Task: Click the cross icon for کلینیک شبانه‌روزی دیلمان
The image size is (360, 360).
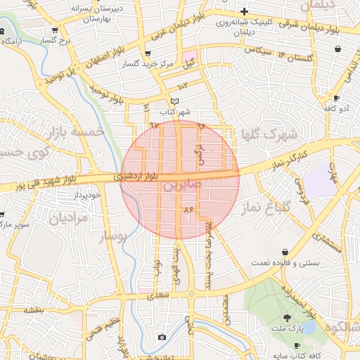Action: pos(243,11)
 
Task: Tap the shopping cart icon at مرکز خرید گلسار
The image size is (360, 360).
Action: pos(146,53)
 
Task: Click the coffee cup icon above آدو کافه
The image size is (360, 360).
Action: pos(336,98)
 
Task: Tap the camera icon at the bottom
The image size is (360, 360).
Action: pos(162,337)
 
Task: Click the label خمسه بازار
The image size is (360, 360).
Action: pos(77,131)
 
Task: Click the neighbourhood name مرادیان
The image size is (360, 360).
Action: pos(70,219)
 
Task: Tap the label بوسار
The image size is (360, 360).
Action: pos(112,236)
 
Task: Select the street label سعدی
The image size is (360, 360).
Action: pos(159,297)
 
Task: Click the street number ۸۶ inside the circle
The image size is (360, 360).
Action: pos(188,210)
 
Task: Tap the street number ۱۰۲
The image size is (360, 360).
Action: pos(184,86)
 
